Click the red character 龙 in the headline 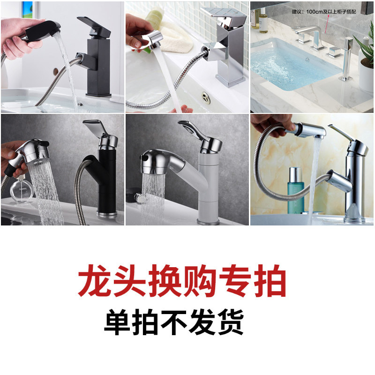[x=95, y=280]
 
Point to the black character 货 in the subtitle [x=231, y=322]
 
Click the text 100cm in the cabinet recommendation [x=314, y=12]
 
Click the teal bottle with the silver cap [x=296, y=190]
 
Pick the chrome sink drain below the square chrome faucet [x=206, y=98]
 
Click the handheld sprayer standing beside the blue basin [x=347, y=59]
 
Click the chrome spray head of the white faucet [x=163, y=162]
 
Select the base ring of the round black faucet [x=107, y=215]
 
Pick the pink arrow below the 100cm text [x=327, y=23]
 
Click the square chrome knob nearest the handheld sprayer [x=334, y=52]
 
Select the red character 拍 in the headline [x=270, y=280]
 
